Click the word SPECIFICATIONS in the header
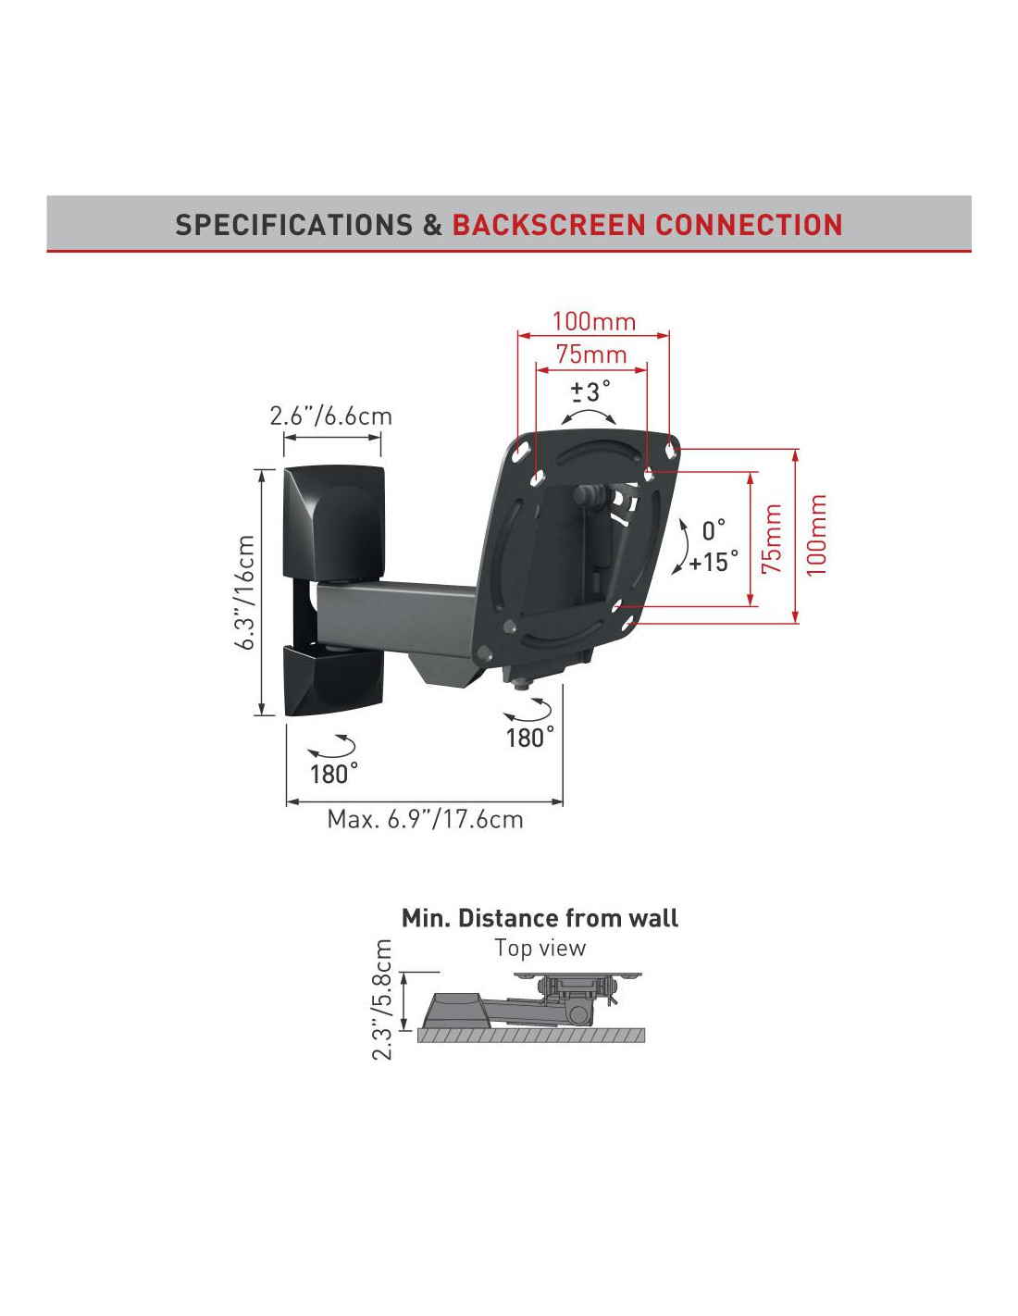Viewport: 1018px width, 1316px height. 294,225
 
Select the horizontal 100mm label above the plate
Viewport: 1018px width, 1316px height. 593,322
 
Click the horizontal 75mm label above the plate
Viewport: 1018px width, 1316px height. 591,354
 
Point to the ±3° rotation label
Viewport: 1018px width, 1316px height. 590,391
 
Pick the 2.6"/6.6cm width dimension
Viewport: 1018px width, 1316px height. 330,416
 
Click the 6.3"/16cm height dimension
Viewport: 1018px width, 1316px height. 245,592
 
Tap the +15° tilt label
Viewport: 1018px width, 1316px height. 714,562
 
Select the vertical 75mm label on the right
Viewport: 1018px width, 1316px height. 771,539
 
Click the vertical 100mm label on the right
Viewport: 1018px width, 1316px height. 815,535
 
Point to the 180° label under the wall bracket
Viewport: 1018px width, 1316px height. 333,774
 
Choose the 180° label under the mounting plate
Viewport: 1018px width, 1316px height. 529,738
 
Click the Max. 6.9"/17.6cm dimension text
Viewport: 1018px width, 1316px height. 425,820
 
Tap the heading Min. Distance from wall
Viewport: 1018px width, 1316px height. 540,918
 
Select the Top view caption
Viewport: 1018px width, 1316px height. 540,948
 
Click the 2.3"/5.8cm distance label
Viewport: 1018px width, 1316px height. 382,999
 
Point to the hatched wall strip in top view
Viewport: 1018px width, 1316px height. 530,1036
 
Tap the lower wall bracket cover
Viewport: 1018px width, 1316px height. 333,680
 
